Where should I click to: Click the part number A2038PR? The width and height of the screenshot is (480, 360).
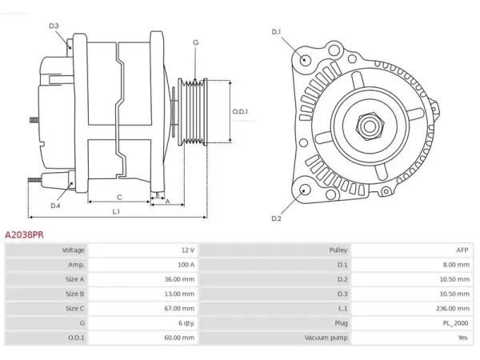click(24, 234)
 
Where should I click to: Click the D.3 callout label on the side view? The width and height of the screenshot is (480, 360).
click(54, 26)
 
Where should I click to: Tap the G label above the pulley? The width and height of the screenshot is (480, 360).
click(196, 42)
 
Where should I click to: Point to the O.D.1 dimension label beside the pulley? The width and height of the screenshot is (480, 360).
click(240, 111)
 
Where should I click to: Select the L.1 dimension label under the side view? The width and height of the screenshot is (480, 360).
click(116, 211)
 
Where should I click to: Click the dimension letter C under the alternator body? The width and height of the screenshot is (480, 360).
click(119, 198)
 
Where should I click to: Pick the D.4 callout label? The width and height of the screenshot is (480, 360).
click(55, 206)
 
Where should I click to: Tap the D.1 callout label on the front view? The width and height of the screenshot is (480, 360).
click(277, 32)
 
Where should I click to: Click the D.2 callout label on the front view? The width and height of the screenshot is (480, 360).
click(276, 218)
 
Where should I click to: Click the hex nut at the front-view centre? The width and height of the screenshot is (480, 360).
click(370, 126)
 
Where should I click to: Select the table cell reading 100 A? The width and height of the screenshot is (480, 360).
click(186, 265)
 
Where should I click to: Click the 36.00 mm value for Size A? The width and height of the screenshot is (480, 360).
click(179, 279)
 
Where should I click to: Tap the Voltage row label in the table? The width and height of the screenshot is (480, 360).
click(73, 250)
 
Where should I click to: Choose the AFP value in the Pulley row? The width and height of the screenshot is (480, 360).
click(462, 250)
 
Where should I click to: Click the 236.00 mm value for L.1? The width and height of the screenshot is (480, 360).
click(453, 308)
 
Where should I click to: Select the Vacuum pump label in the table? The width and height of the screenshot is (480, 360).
click(326, 338)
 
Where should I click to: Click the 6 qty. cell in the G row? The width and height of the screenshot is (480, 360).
click(186, 323)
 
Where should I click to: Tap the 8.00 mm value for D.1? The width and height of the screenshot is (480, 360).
click(456, 265)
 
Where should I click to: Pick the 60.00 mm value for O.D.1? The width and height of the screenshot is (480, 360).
click(179, 338)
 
